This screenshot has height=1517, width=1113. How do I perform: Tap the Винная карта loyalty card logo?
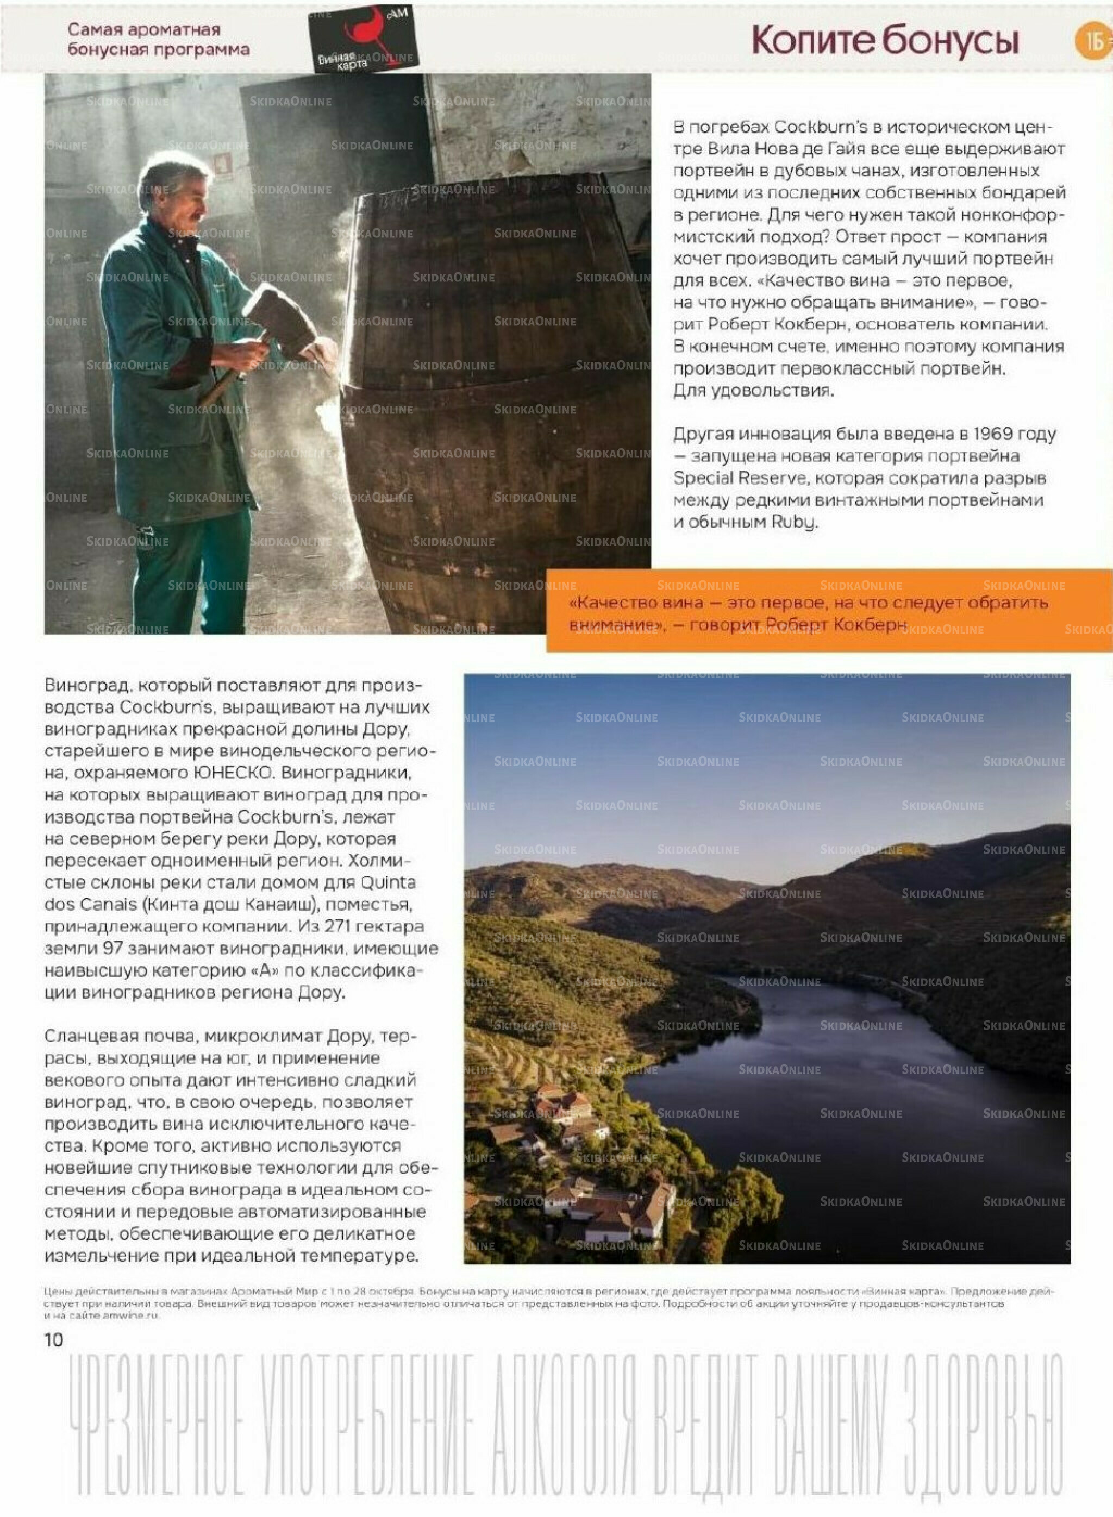tap(364, 39)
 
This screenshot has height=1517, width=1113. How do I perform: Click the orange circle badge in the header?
tap(1092, 41)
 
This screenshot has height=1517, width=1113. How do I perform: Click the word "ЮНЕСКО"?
tap(232, 773)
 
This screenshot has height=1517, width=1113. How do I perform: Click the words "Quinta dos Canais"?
tap(229, 893)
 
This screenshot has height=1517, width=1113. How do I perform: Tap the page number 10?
tap(53, 1340)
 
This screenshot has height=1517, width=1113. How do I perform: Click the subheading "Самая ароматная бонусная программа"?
tap(158, 39)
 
